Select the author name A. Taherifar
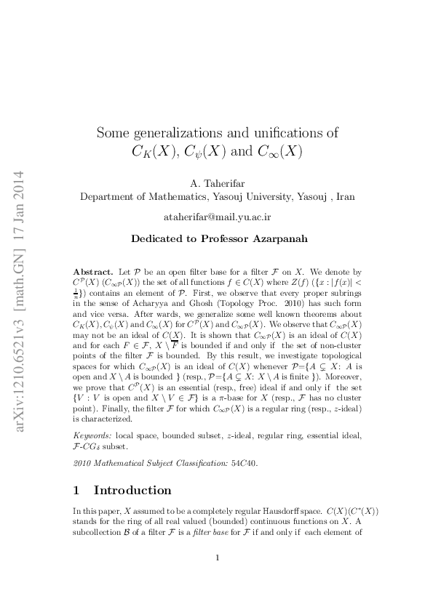217,183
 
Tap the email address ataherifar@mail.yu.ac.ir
217,217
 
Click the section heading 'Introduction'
132,490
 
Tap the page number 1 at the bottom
218,557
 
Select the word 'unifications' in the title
282,133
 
